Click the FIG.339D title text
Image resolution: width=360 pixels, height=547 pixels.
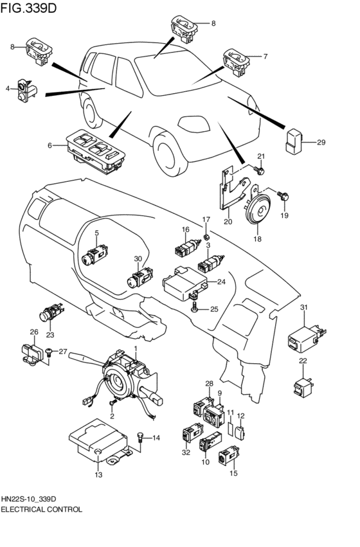(28, 8)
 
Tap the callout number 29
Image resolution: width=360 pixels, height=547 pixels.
(321, 142)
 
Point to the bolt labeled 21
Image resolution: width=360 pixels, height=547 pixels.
(260, 170)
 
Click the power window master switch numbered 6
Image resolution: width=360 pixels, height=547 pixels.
(96, 152)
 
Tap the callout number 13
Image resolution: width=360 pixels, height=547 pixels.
(99, 474)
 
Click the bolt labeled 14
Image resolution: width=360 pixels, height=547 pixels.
(140, 438)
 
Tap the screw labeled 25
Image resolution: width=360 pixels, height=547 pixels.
(194, 308)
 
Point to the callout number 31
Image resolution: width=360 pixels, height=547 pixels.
(304, 307)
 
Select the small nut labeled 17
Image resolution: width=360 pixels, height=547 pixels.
(206, 237)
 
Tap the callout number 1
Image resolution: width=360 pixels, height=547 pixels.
(136, 348)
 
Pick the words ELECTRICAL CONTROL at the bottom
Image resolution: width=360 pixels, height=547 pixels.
(41, 509)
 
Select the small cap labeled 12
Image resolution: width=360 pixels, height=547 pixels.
(240, 433)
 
